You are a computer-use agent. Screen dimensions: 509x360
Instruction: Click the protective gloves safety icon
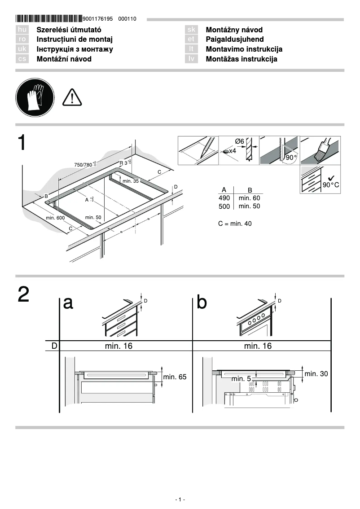point(35,97)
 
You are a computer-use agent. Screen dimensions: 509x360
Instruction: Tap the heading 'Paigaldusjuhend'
point(234,39)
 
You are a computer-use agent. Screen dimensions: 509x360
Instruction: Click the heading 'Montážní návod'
point(64,59)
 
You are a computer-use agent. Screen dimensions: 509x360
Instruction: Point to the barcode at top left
point(48,19)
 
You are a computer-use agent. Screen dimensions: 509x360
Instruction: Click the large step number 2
point(24,294)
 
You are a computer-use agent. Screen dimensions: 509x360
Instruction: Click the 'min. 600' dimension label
point(55,218)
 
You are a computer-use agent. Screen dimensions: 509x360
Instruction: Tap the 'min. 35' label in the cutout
point(130,180)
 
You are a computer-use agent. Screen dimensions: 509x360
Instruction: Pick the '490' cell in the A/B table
point(224,198)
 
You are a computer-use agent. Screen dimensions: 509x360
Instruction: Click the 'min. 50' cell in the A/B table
point(249,206)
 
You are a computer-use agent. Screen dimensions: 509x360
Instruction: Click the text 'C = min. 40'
point(235,223)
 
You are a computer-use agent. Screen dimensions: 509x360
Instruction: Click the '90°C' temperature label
point(331,185)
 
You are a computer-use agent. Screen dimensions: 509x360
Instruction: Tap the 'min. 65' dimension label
point(175,377)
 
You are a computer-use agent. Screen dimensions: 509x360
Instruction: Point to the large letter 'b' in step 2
point(202,303)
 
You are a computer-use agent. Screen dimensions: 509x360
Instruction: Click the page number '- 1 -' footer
point(180,500)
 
